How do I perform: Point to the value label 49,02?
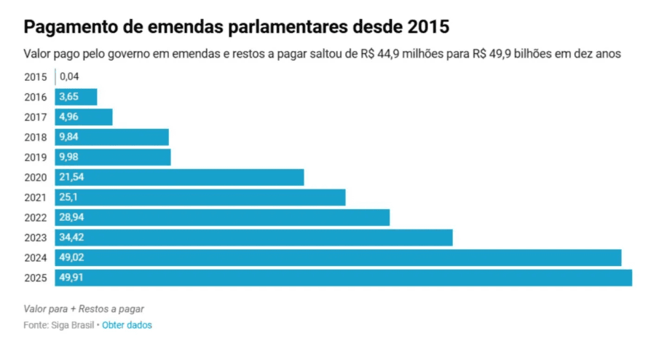coord(70,258)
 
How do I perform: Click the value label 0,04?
coord(70,77)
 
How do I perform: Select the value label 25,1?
coord(68,197)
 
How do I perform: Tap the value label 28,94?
coord(70,218)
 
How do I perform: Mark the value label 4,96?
coord(68,117)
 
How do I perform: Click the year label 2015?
coord(36,77)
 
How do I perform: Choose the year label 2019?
coord(36,157)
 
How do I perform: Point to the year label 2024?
coord(36,258)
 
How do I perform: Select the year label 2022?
coord(36,218)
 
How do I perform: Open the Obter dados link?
coord(127,325)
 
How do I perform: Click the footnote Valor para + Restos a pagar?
coord(84,308)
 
